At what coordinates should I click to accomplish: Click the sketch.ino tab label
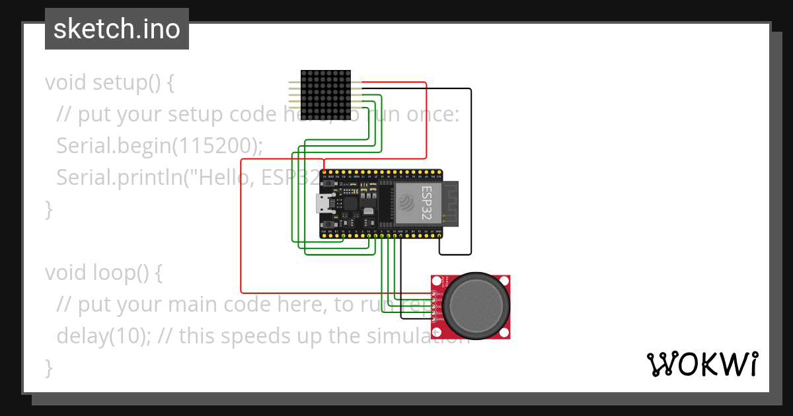[x=116, y=29]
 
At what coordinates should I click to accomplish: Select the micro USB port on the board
[x=324, y=203]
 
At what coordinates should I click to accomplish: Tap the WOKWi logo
[x=701, y=364]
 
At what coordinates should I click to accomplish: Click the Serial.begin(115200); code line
[x=159, y=146]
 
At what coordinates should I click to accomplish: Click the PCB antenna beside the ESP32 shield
[x=451, y=203]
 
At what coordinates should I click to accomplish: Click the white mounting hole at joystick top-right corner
[x=505, y=281]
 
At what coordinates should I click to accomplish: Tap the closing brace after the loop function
[x=48, y=367]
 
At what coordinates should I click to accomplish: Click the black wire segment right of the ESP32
[x=471, y=172]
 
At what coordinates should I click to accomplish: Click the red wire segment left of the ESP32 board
[x=241, y=225]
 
